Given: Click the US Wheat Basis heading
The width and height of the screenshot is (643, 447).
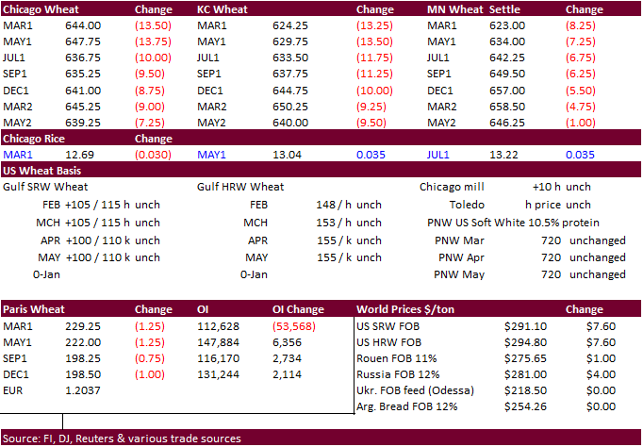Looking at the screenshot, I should [41, 171].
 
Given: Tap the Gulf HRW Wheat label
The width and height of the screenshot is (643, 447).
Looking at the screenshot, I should [240, 187].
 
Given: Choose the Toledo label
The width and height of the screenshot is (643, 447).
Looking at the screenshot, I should [467, 204].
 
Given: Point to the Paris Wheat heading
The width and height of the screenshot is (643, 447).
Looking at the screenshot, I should [34, 309].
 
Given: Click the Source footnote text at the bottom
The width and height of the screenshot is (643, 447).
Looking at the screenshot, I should [122, 439].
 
